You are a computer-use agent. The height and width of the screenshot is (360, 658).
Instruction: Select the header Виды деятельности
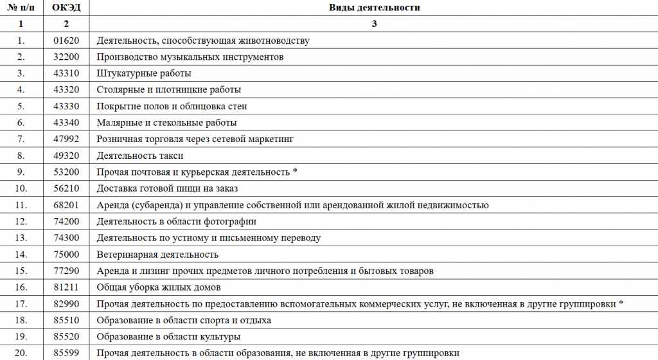coord(374,8)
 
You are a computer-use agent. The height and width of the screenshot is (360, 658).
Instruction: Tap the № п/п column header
coord(21,8)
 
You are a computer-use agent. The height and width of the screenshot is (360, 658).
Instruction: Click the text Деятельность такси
coord(140,156)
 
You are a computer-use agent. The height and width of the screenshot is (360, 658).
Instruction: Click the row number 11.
coord(21,205)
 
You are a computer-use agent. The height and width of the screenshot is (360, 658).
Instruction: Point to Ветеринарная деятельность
coord(157,255)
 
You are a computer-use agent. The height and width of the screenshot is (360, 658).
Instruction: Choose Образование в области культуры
coord(168,337)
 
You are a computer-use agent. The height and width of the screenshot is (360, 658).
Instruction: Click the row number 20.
coord(21,353)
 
